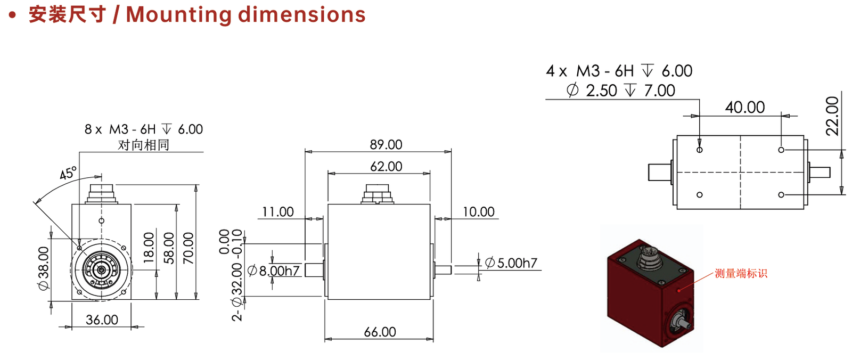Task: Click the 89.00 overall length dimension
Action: pyautogui.click(x=386, y=145)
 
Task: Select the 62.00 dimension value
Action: pyautogui.click(x=386, y=167)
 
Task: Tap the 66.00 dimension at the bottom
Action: pyautogui.click(x=380, y=332)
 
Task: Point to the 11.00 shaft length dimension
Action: pyautogui.click(x=278, y=212)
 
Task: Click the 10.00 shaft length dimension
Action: pyautogui.click(x=479, y=212)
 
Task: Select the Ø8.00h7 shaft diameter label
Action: pyautogui.click(x=274, y=271)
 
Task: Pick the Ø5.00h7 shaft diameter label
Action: pyautogui.click(x=511, y=263)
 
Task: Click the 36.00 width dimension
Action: pyautogui.click(x=102, y=320)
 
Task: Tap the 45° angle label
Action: pyautogui.click(x=68, y=173)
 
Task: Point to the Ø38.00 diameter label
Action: pyautogui.click(x=44, y=268)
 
